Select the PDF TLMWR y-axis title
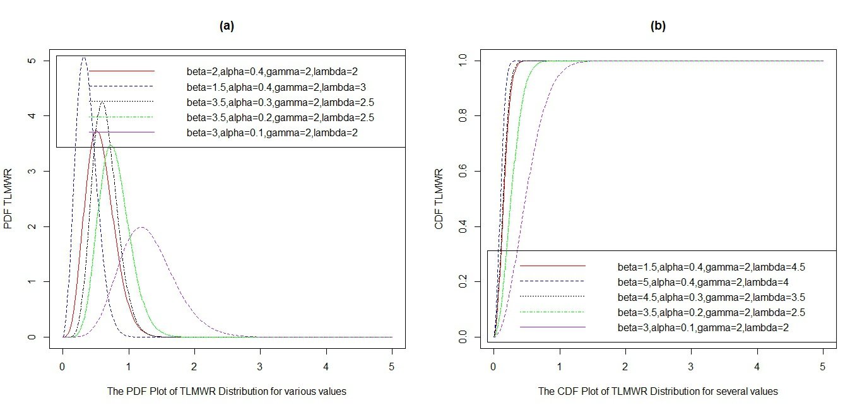tap(8, 199)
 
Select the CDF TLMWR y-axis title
tap(440, 199)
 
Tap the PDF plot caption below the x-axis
tap(227, 392)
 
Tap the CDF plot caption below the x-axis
tap(658, 392)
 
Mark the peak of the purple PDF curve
tap(141, 227)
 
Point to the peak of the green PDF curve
tap(111, 146)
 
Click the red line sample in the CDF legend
tap(553, 266)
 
